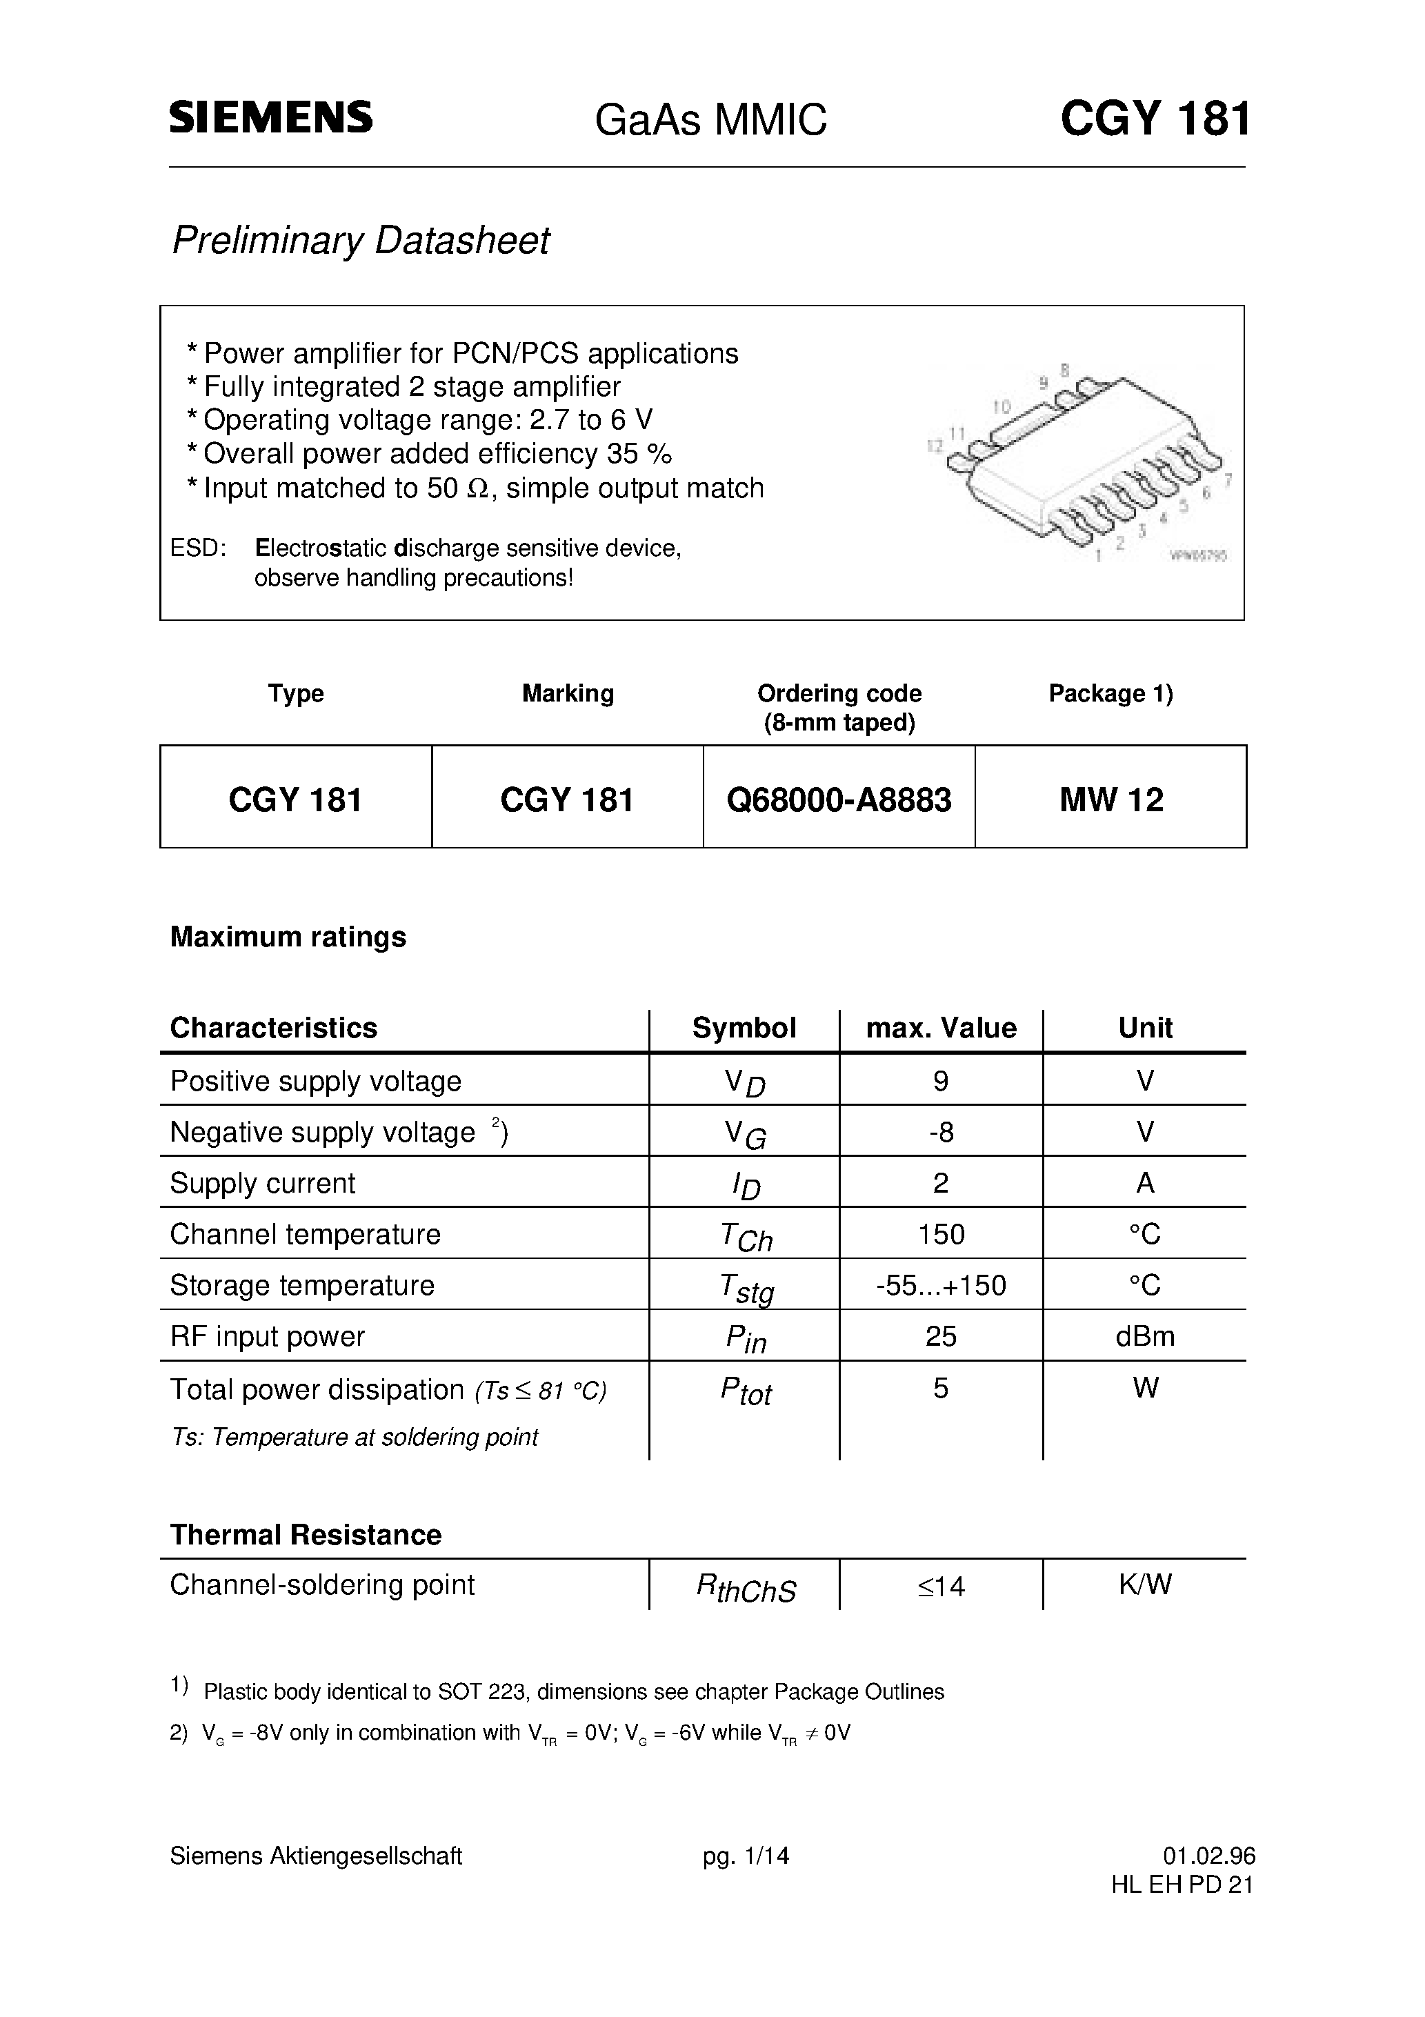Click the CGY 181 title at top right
click(1155, 118)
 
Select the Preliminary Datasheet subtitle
click(360, 241)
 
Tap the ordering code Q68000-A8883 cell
click(839, 799)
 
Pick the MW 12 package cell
click(1110, 799)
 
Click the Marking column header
click(568, 693)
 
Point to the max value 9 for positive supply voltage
click(940, 1080)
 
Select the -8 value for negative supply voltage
click(940, 1131)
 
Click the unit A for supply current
click(1145, 1183)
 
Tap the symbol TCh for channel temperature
click(745, 1236)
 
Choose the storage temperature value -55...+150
click(940, 1285)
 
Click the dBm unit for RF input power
click(1145, 1336)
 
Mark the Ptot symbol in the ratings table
click(745, 1391)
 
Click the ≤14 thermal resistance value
click(940, 1587)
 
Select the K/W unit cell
click(1145, 1584)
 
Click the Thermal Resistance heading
click(305, 1535)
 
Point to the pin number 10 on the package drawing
click(1001, 407)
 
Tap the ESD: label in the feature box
click(198, 548)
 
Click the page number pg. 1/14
click(745, 1856)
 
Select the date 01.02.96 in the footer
click(1209, 1856)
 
